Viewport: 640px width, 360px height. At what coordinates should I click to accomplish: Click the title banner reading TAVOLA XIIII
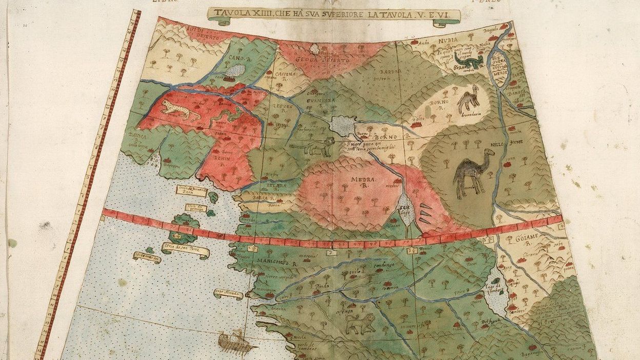334,15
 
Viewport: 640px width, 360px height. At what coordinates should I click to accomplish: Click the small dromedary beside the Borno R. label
468,99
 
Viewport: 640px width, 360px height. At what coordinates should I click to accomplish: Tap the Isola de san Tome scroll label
185,250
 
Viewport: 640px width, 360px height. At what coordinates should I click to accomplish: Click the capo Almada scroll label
228,293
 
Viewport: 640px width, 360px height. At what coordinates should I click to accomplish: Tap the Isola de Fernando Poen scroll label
191,191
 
